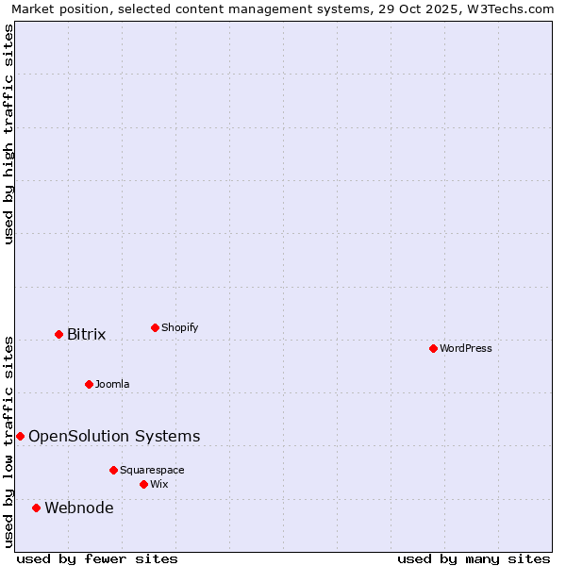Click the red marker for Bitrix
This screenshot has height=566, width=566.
[58, 334]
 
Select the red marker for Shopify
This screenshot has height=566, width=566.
[155, 327]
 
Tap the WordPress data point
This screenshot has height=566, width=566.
[433, 348]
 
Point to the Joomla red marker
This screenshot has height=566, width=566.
[89, 384]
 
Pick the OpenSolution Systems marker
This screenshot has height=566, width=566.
[20, 436]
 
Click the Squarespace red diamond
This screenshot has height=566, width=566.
[113, 470]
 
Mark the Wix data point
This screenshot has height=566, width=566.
[143, 484]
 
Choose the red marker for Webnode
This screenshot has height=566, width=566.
[37, 508]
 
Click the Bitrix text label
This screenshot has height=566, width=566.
[86, 334]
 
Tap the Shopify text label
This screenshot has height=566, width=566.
[179, 327]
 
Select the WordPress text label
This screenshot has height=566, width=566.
[465, 348]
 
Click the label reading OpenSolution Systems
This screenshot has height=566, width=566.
[114, 436]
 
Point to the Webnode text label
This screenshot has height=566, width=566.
[79, 508]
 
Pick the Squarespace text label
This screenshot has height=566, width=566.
[152, 470]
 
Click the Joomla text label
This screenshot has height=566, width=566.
[112, 384]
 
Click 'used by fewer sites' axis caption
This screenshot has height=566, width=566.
[97, 558]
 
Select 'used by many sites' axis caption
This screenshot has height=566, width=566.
[474, 558]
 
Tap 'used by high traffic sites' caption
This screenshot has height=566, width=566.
[9, 134]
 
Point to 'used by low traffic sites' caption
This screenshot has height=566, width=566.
[9, 441]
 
